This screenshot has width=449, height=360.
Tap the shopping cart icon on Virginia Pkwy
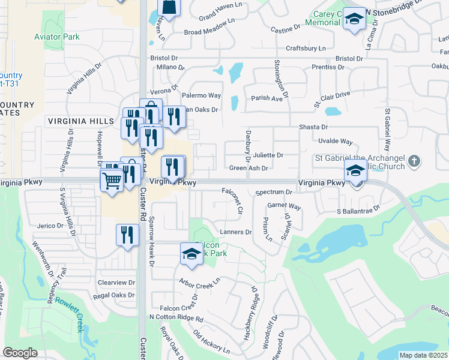112,179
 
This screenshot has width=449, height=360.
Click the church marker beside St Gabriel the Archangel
414,161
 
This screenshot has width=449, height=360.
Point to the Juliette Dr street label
267,155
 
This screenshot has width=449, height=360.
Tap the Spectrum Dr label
273,193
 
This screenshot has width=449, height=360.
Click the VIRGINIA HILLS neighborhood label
81,121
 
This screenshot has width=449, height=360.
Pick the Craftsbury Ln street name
306,48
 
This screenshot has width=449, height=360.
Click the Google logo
20,353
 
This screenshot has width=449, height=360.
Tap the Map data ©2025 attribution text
423,355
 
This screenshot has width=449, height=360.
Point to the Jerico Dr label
50,226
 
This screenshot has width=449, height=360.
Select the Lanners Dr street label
235,232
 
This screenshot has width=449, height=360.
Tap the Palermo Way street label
202,95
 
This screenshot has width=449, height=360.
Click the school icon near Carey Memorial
354,20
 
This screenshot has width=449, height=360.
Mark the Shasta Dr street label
313,127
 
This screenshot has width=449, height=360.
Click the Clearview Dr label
116,282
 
